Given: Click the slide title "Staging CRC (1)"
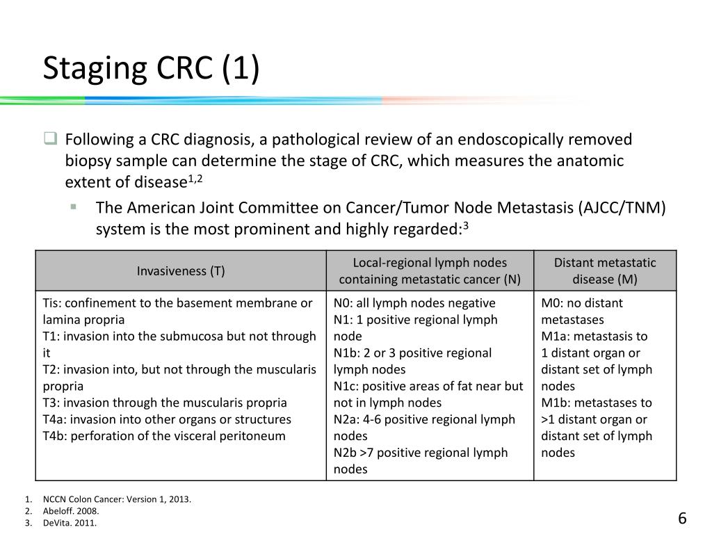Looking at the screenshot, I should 151,70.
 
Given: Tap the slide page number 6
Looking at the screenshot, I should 682,519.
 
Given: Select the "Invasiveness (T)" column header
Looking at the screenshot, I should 181,271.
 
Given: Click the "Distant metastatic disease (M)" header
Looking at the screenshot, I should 605,271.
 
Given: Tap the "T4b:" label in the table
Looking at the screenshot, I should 55,436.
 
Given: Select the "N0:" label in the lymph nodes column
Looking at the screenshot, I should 343,303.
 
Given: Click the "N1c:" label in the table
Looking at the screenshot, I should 346,386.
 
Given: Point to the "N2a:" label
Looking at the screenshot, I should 346,419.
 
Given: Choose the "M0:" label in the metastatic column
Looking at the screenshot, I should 553,303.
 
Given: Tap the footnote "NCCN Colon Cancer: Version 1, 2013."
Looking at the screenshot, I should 117,499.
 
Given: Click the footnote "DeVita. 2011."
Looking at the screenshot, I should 70,522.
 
